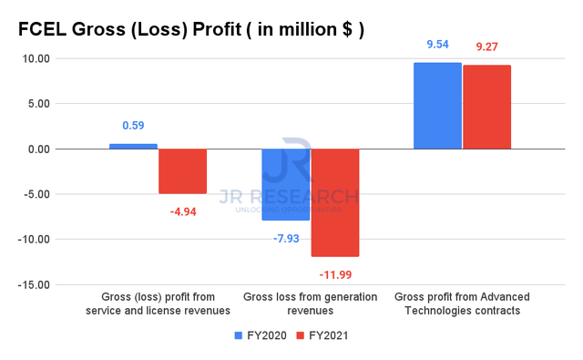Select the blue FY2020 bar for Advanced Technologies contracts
(x=437, y=106)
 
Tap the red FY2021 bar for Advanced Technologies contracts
(x=487, y=107)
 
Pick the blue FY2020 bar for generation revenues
(x=285, y=184)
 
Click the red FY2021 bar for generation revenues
(x=335, y=202)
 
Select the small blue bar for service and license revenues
(x=133, y=146)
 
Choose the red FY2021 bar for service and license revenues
(x=183, y=171)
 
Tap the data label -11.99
(x=335, y=273)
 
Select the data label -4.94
(x=183, y=211)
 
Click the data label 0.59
(x=133, y=127)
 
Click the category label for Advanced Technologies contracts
(x=462, y=304)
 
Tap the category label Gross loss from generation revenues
(x=310, y=304)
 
